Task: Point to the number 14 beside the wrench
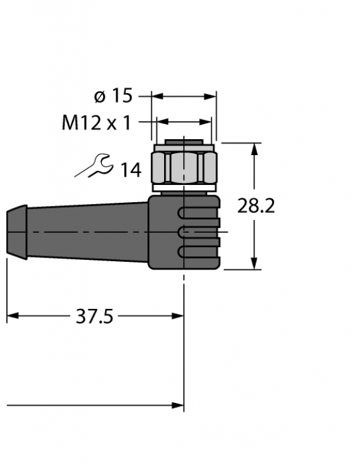click(130, 170)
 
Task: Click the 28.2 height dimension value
click(256, 206)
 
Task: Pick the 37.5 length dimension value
click(94, 316)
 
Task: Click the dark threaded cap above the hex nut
click(184, 141)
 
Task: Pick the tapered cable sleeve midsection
click(83, 232)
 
